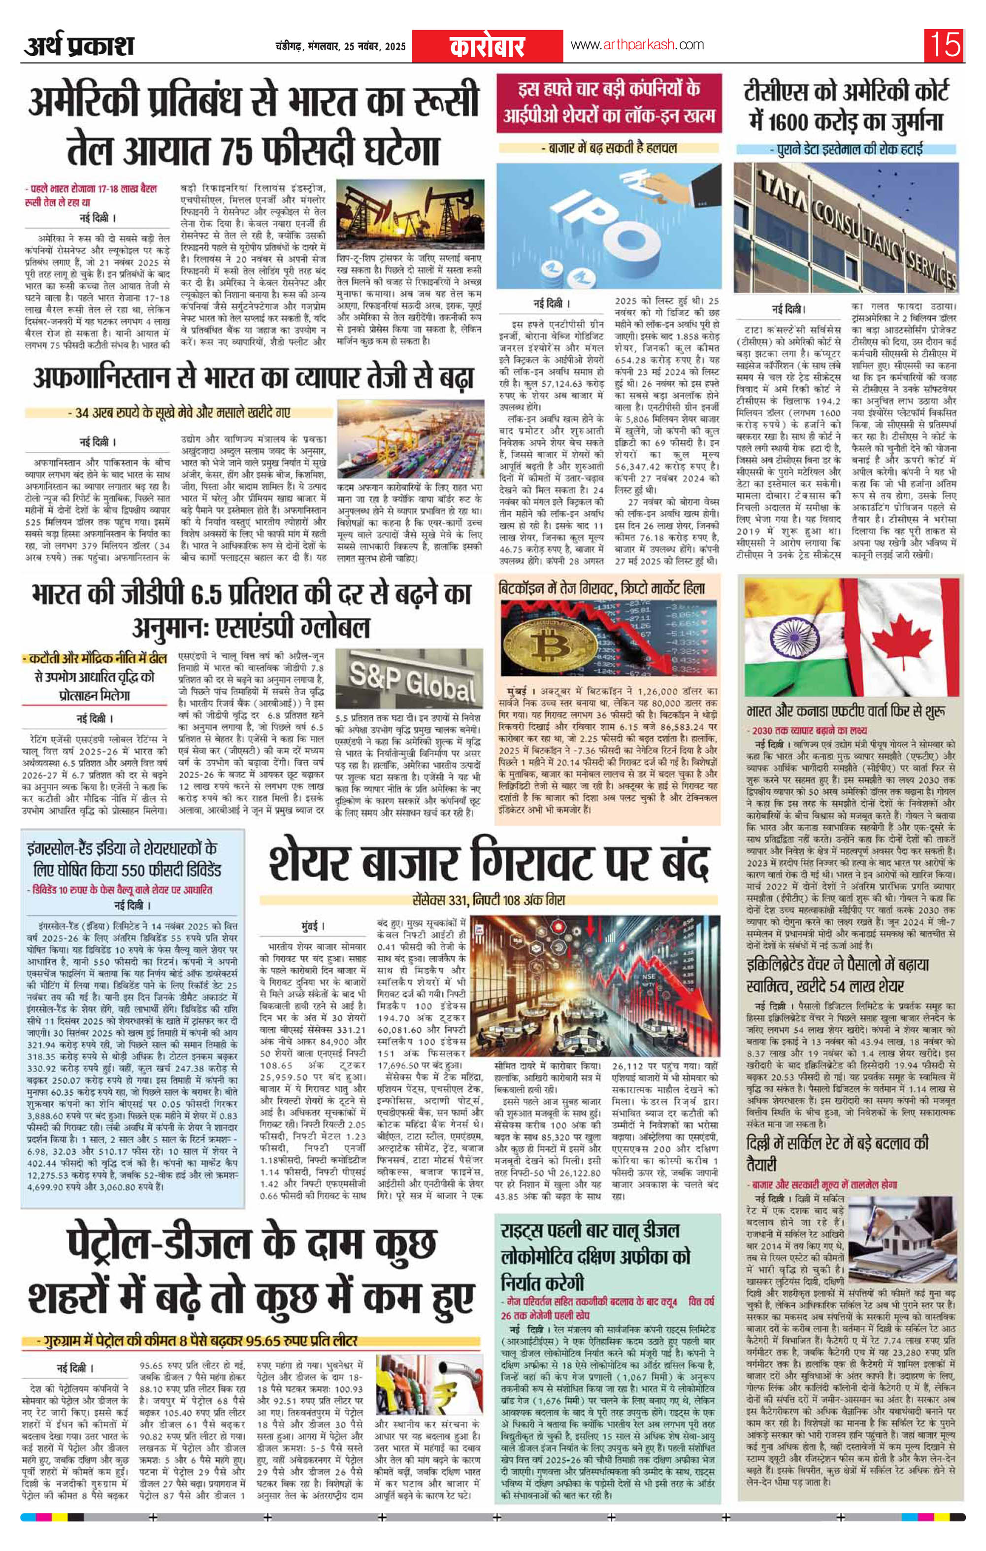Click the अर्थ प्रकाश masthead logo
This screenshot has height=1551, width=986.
point(79,46)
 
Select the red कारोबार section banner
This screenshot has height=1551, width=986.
point(488,46)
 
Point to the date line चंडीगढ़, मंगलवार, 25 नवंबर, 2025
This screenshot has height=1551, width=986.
point(340,46)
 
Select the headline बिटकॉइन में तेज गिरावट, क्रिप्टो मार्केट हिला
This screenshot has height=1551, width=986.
point(601,588)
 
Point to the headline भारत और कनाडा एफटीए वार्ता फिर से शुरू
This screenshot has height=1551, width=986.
point(846,712)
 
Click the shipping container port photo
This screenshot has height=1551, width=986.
point(410,438)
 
